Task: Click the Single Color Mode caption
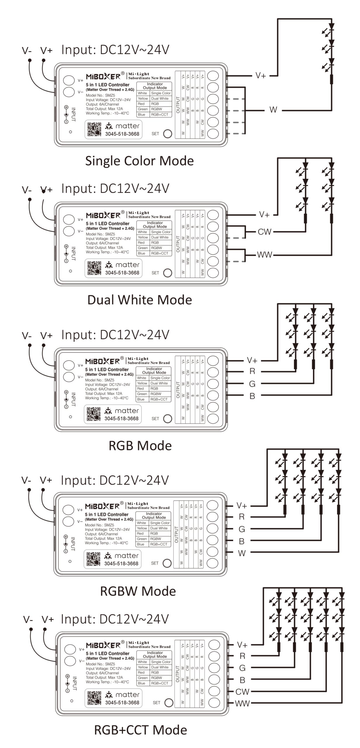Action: click(x=139, y=161)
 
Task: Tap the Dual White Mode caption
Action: click(x=140, y=300)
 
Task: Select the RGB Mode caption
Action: click(x=140, y=446)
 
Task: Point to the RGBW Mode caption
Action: click(x=138, y=591)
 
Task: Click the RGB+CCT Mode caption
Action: click(x=141, y=730)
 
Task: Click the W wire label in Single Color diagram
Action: click(x=273, y=110)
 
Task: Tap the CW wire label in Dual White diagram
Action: click(x=264, y=232)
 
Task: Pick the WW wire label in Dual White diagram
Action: click(x=264, y=255)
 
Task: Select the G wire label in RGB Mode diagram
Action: click(x=252, y=384)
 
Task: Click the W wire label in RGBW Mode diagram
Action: click(x=242, y=553)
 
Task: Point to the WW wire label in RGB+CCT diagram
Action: click(x=242, y=704)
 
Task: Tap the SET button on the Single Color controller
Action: click(x=167, y=134)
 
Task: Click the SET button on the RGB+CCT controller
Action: click(x=169, y=703)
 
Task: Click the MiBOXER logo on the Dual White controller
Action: click(x=103, y=216)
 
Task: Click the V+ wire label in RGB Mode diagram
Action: click(x=252, y=360)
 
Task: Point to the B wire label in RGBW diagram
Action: click(x=242, y=541)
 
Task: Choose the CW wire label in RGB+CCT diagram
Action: click(x=242, y=692)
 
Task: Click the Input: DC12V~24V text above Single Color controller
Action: click(x=115, y=50)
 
